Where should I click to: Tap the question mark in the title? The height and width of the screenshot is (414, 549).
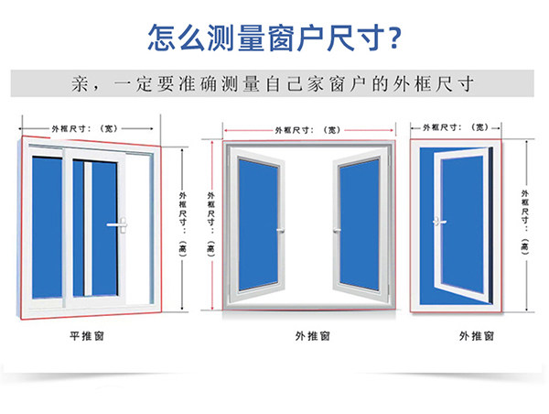tap(393, 37)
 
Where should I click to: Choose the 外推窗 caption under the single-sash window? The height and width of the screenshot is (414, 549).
tap(475, 336)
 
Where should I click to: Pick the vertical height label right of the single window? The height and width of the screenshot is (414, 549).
tap(524, 220)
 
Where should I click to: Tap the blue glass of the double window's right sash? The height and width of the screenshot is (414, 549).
tap(361, 224)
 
